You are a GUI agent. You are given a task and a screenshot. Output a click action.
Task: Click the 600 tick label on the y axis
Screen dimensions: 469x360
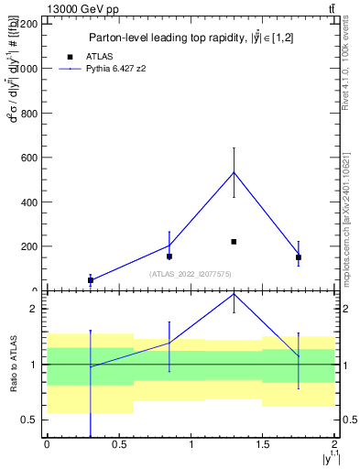[30, 158]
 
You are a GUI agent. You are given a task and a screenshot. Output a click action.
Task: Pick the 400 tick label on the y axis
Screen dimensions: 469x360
[30, 202]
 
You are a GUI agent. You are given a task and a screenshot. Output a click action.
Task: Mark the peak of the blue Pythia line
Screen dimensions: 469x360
[234, 172]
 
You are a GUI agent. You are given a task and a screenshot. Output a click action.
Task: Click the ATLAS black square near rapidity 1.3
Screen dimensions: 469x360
[234, 242]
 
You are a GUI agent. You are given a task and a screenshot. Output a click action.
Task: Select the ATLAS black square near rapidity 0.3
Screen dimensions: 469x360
[90, 280]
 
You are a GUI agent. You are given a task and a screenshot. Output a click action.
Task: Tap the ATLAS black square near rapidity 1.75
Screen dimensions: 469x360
[299, 257]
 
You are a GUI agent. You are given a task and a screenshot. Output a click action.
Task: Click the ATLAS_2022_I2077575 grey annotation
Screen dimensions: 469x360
[191, 274]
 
